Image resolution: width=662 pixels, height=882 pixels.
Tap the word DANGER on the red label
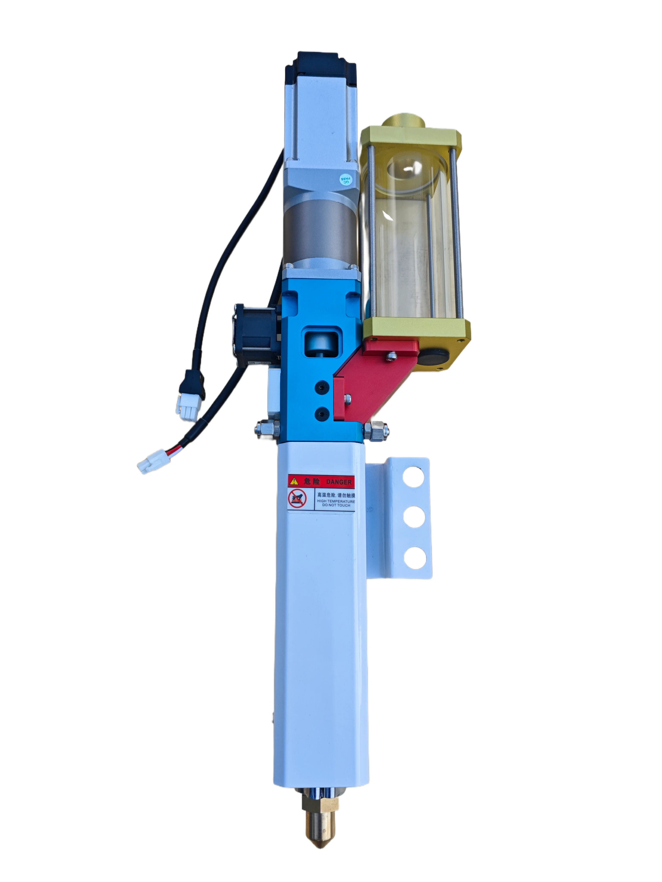click(339, 482)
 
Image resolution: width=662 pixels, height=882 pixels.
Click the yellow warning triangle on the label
click(294, 481)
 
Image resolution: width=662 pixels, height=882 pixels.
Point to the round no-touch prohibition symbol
click(297, 498)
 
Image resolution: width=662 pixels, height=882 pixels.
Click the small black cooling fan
click(255, 332)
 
